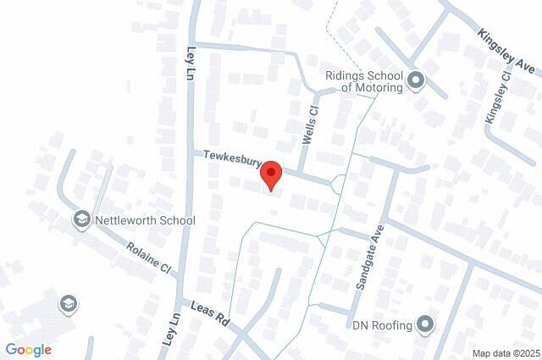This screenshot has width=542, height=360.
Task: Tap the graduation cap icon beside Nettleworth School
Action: click(81, 220)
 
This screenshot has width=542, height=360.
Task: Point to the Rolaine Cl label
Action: click(149, 258)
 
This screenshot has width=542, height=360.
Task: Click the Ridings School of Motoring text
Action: click(364, 80)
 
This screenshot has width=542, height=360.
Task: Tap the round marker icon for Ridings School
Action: click(416, 81)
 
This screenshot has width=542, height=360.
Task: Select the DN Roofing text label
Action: click(382, 324)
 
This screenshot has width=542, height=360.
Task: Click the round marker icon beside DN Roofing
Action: click(425, 324)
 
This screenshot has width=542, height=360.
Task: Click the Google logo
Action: click(29, 349)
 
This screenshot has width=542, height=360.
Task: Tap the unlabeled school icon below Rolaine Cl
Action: click(67, 303)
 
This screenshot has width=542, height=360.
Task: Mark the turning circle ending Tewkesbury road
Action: click(338, 183)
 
